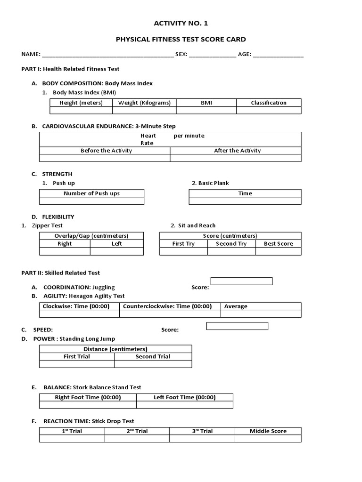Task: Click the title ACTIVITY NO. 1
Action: pyautogui.click(x=181, y=24)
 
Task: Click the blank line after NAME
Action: pyautogui.click(x=107, y=55)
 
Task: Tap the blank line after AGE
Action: pyautogui.click(x=278, y=55)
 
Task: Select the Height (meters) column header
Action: pyautogui.click(x=81, y=103)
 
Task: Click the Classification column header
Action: pyautogui.click(x=268, y=103)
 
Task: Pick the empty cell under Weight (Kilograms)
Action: pyautogui.click(x=144, y=110)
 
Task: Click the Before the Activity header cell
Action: pyautogui.click(x=106, y=151)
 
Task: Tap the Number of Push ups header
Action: pyautogui.click(x=91, y=193)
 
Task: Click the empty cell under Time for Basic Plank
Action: pyautogui.click(x=245, y=201)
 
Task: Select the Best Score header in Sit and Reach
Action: pyautogui.click(x=278, y=244)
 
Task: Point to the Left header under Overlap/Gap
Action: pyautogui.click(x=117, y=244)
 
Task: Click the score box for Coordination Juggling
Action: pyautogui.click(x=241, y=281)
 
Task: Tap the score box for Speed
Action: pyautogui.click(x=237, y=326)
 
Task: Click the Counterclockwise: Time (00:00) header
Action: pyautogui.click(x=167, y=306)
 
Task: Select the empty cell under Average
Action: pyautogui.click(x=261, y=313)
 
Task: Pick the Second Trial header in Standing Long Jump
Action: pyautogui.click(x=153, y=356)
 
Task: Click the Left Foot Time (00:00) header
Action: pyautogui.click(x=185, y=397)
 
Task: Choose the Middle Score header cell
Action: pyautogui.click(x=268, y=431)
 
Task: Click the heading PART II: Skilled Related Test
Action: pyautogui.click(x=61, y=273)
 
